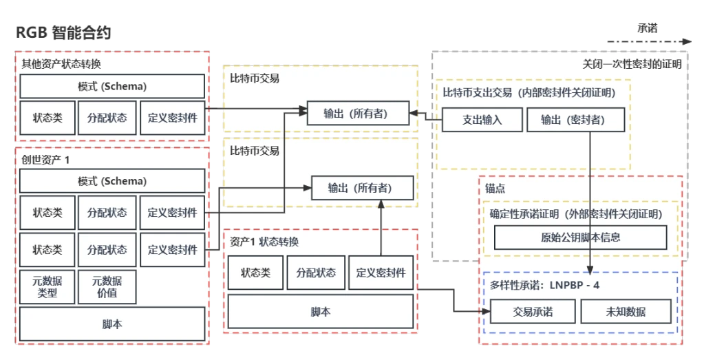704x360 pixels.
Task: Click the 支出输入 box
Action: pos(482,120)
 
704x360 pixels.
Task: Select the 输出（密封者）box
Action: pos(576,120)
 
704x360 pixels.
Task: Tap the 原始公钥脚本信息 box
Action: pos(580,237)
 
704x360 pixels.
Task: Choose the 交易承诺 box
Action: pos(533,312)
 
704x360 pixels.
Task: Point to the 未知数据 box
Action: pos(626,312)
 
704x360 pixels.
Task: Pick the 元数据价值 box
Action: pos(107,286)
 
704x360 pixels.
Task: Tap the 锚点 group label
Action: pos(496,187)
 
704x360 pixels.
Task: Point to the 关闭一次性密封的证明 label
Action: pos(632,65)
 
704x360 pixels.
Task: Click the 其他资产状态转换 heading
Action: pos(61,64)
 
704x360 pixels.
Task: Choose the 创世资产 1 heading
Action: pos(46,159)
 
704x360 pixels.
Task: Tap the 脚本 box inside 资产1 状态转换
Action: pos(321,312)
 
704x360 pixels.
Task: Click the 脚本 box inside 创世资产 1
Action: pos(112,324)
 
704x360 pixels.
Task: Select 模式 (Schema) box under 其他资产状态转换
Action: pos(112,87)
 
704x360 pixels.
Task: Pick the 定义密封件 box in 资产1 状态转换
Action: pos(381,273)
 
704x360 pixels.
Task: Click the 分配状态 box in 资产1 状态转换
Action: pos(316,273)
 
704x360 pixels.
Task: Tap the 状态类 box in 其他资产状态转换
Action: pos(47,118)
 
